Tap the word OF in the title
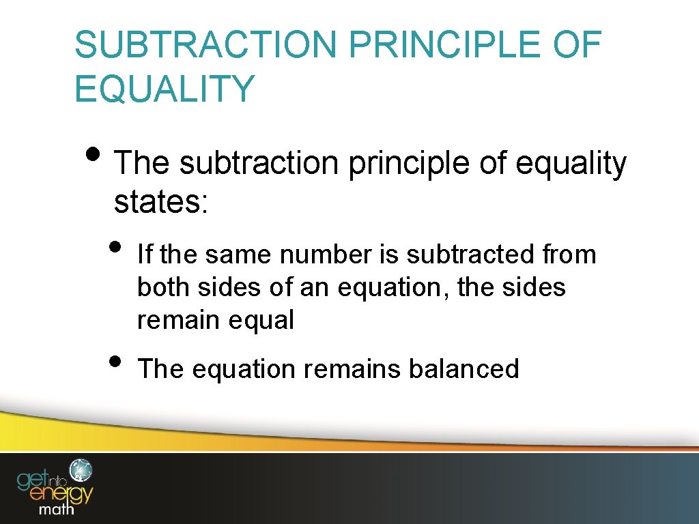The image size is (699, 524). click(579, 45)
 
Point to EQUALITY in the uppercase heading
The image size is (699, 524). click(165, 89)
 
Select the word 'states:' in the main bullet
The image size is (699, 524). click(160, 202)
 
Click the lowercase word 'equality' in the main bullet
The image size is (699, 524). click(570, 164)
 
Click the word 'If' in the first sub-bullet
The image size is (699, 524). click(145, 254)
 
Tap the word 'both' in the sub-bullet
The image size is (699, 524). click(164, 287)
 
